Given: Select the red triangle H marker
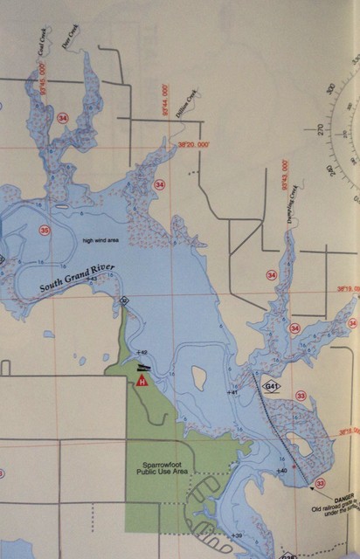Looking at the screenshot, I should (142, 380).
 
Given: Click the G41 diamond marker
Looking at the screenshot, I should (273, 386).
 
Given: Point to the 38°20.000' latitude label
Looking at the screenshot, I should (195, 144).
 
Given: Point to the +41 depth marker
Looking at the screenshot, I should (233, 392).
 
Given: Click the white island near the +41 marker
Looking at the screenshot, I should (198, 378).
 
